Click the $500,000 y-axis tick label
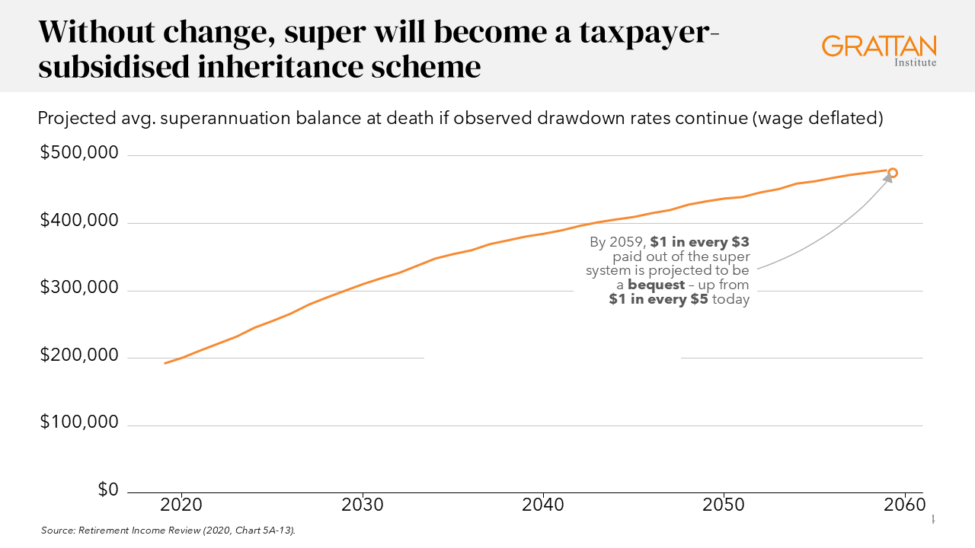[x=79, y=154]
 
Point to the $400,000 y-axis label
[x=79, y=221]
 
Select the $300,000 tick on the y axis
[x=79, y=288]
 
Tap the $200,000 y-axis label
[x=79, y=355]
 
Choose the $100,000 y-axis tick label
[x=79, y=422]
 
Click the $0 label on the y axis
[x=108, y=490]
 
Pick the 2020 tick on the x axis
[x=182, y=506]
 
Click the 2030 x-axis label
[x=363, y=506]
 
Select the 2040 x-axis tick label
[x=543, y=506]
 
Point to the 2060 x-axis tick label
[x=904, y=506]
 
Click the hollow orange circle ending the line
[x=893, y=173]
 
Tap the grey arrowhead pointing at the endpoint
[x=887, y=179]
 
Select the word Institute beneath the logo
[x=915, y=62]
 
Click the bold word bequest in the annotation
[x=656, y=285]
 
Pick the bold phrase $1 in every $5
[x=658, y=299]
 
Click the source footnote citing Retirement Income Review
[x=168, y=530]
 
